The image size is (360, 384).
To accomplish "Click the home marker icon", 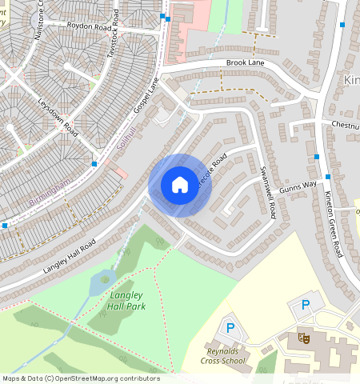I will (180, 185).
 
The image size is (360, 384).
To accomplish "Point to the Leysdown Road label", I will (57, 116).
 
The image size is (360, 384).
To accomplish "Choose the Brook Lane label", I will (245, 62).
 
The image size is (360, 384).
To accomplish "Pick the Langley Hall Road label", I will (70, 254).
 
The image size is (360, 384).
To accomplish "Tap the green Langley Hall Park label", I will (126, 300).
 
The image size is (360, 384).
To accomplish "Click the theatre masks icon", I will (304, 338).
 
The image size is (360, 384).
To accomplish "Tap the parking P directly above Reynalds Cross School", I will (230, 327).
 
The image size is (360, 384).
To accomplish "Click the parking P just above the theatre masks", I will (304, 304).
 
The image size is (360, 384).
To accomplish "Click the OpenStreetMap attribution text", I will (81, 378).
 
